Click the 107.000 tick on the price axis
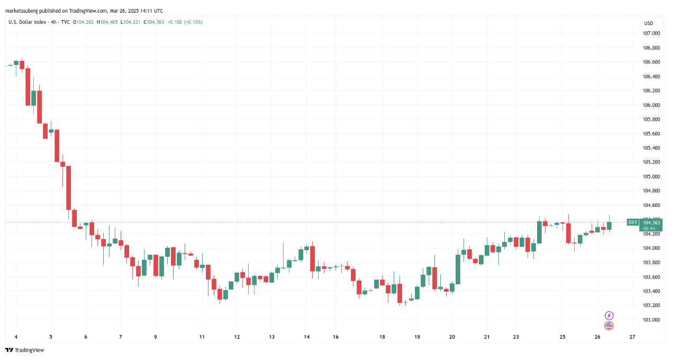[651, 33]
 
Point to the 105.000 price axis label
[651, 177]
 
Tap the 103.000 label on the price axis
[651, 320]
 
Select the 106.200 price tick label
[651, 91]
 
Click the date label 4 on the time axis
[16, 337]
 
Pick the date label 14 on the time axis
[306, 337]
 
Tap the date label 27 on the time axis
[632, 337]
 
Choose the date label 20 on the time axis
[452, 337]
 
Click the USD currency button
[648, 23]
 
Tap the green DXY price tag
[632, 222]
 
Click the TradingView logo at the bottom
[25, 350]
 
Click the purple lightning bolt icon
[609, 316]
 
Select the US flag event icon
[609, 326]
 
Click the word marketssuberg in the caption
[23, 11]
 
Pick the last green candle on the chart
[609, 226]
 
